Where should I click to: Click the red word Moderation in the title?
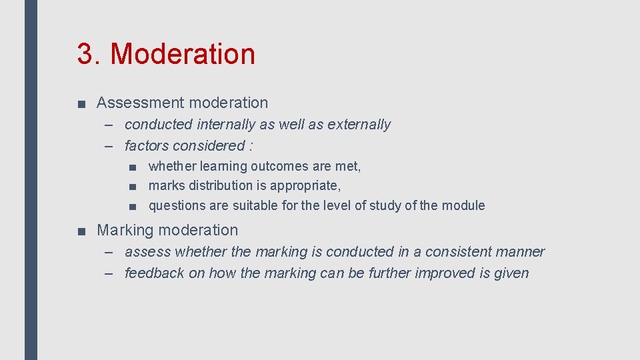pos(183,54)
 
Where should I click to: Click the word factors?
pos(146,146)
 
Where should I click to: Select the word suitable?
pos(255,205)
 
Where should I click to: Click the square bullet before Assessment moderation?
pos(81,103)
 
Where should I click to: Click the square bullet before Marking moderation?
pos(81,231)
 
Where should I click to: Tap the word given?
pos(511,273)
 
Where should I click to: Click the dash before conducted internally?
pos(110,125)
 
